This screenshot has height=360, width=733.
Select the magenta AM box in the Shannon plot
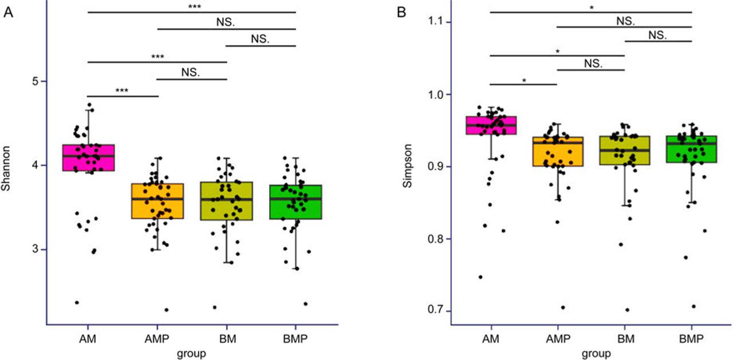pos(88,158)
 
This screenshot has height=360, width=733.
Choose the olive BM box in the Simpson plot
pos(624,151)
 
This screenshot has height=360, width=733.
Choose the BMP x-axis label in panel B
pos(692,339)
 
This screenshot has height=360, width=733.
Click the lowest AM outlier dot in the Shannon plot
pos(77,302)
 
